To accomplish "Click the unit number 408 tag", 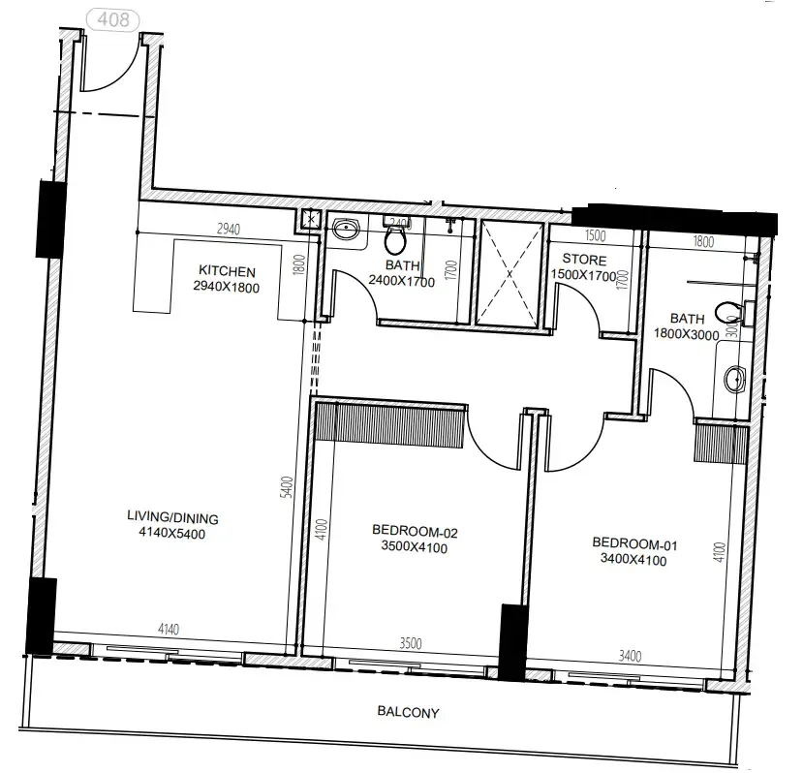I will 113,18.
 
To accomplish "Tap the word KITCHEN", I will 227,271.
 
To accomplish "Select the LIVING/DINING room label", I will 172,518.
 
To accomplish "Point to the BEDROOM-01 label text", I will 629,542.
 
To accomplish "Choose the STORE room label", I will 584,261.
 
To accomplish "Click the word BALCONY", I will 408,713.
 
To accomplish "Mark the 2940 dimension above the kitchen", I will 228,230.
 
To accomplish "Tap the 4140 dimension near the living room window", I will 170,631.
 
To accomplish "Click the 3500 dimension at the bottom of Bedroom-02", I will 410,642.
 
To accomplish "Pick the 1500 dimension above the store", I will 595,236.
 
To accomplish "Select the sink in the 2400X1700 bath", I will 345,230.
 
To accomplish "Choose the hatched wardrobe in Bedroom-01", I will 721,444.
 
